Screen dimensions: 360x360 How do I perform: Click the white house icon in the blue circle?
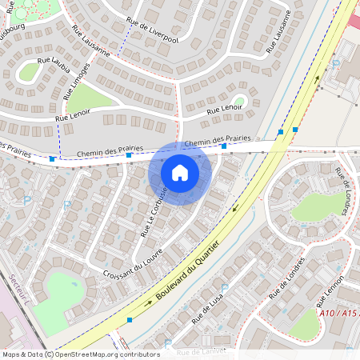pos(180,173)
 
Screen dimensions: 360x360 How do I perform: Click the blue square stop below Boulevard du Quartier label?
pos(130,320)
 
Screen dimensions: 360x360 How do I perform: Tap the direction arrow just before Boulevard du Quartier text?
pos(149,303)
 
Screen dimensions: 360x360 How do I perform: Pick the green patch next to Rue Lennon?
pos(305,323)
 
